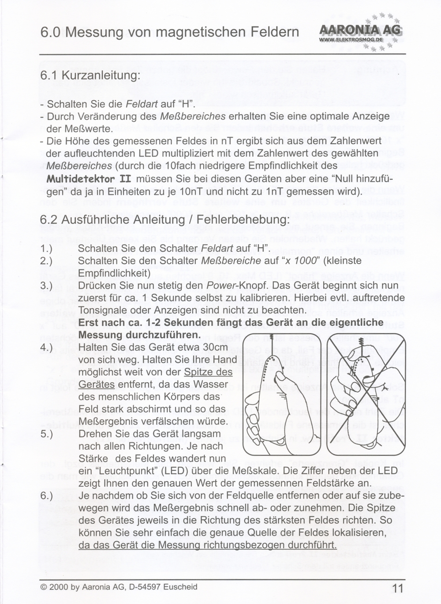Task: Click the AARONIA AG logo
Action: click(359, 32)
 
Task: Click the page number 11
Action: click(397, 589)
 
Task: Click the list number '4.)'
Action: click(46, 347)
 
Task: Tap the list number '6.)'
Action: click(46, 496)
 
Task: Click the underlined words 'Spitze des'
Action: click(208, 372)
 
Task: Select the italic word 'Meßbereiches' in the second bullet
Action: click(191, 116)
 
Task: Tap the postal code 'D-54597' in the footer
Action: click(146, 587)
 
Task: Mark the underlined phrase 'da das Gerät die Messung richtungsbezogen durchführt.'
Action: click(207, 545)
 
